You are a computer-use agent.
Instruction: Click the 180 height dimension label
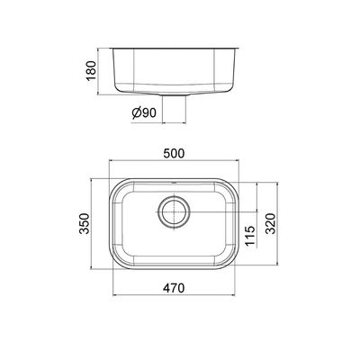91,70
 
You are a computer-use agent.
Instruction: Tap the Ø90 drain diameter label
144,112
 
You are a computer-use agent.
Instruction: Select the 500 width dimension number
174,153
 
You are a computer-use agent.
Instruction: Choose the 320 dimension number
270,223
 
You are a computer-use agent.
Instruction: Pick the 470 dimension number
174,288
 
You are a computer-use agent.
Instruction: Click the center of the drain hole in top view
174,211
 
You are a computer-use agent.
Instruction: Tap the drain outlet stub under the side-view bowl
174,94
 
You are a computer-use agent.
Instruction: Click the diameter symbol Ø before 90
136,113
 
